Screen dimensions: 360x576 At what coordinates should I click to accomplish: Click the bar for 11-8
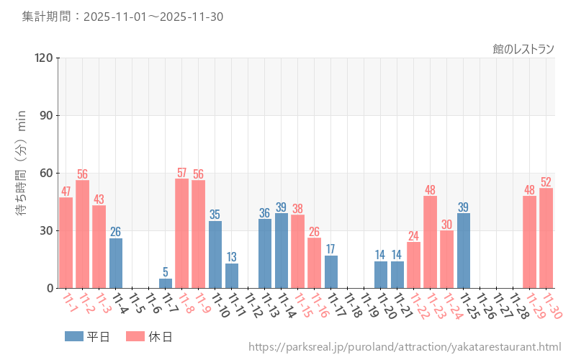[181, 233]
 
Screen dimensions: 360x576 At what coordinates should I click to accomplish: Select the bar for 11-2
[82, 234]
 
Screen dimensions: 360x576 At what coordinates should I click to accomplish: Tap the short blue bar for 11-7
[166, 283]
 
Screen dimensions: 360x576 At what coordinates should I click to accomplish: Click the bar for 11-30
[546, 238]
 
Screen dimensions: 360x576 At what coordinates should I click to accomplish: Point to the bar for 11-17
[331, 271]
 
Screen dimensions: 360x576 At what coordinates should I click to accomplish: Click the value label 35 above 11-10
[215, 215]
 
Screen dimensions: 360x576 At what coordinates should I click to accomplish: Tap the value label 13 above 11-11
[231, 257]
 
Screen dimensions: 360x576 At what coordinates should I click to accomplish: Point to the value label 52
[546, 182]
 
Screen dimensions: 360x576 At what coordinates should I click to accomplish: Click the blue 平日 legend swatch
[73, 336]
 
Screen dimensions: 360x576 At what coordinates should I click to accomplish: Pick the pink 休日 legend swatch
[135, 336]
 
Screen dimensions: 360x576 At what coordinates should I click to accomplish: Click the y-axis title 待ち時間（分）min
[22, 173]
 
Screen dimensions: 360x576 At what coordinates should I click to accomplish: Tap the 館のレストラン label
[523, 49]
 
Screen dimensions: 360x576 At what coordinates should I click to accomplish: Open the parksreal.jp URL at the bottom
[405, 348]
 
